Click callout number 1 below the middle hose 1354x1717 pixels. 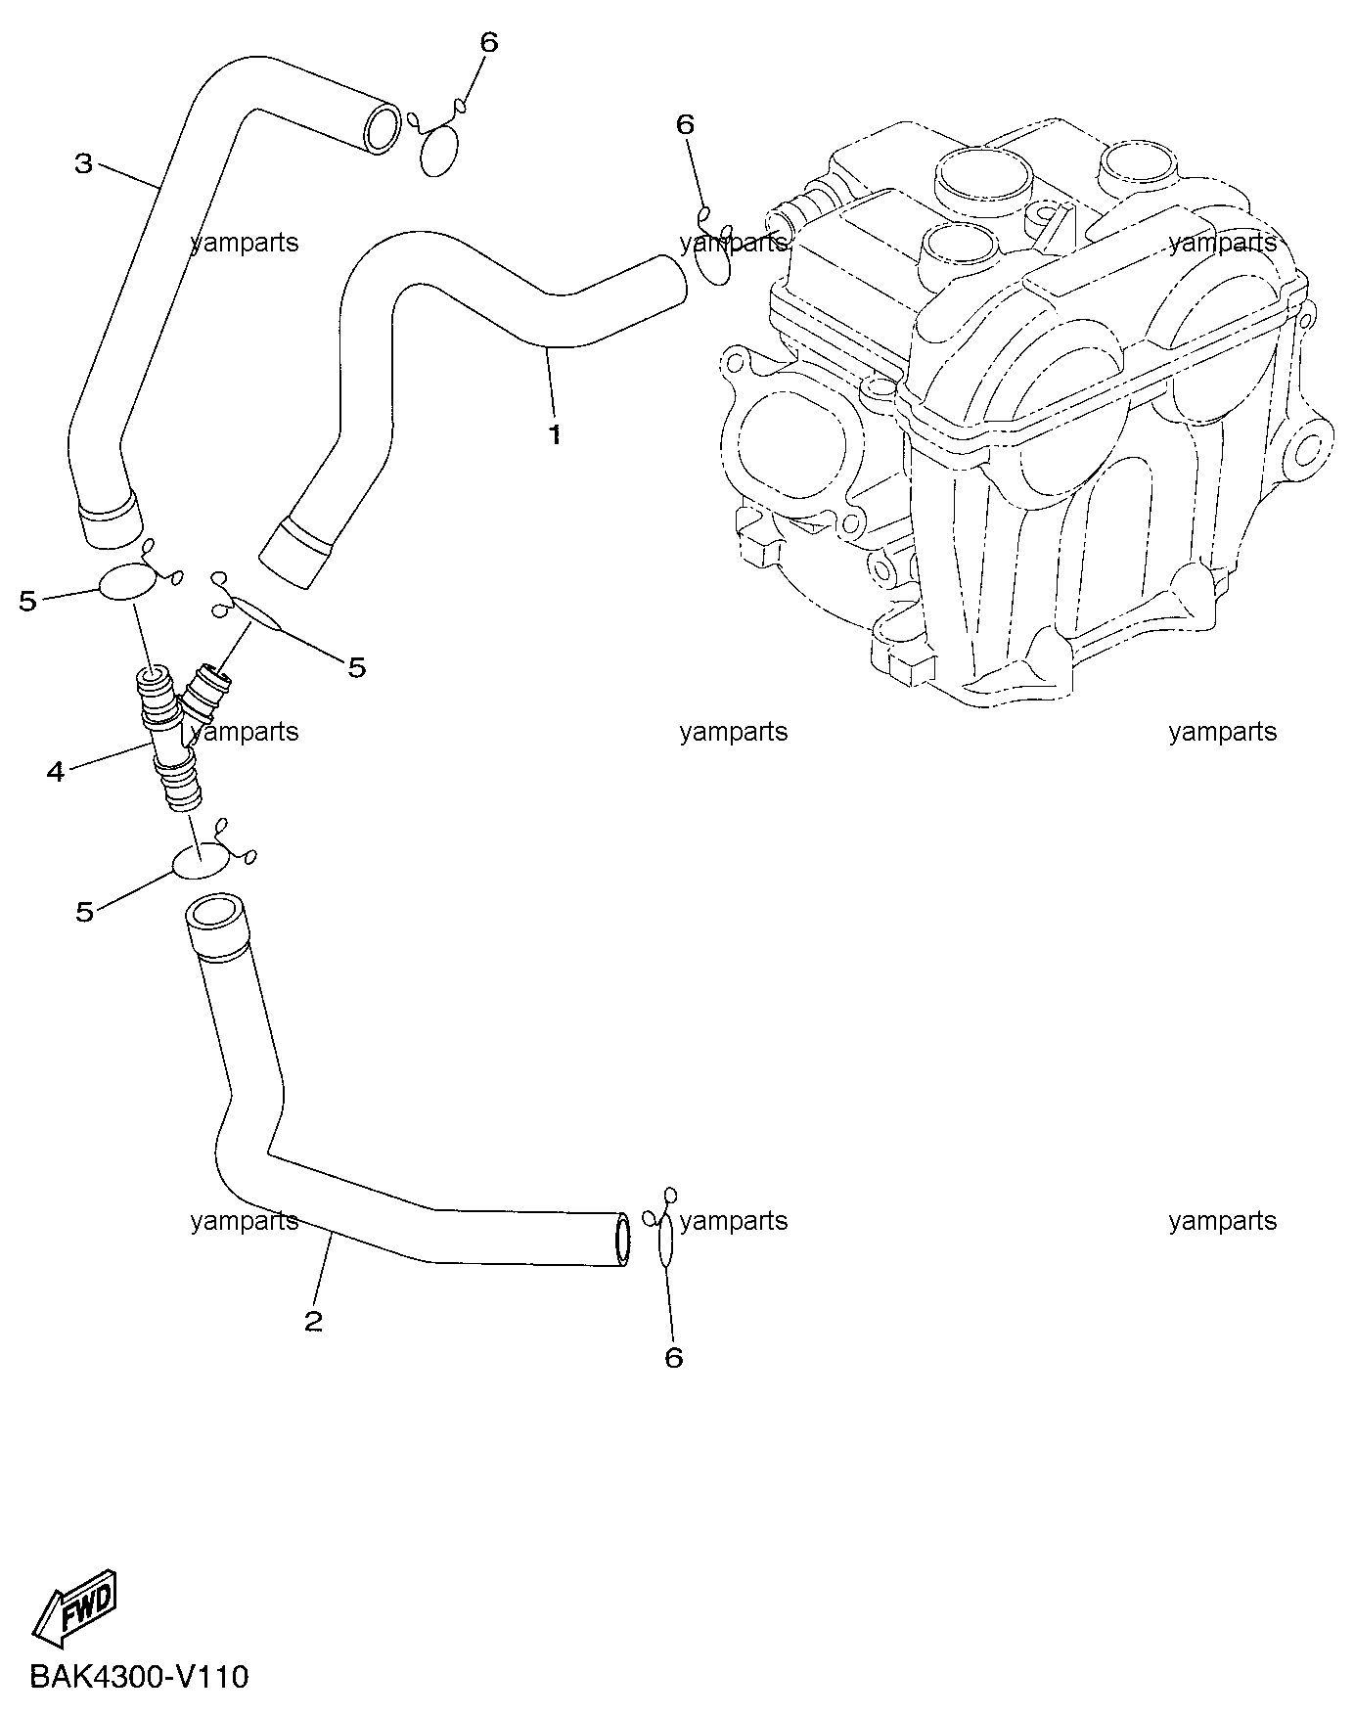(x=555, y=434)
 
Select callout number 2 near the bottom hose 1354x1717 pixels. (x=313, y=1322)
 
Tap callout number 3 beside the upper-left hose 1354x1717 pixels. (x=84, y=163)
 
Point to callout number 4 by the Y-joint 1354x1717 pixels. (x=56, y=772)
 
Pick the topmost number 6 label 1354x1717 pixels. (x=489, y=42)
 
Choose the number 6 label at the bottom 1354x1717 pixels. (x=673, y=1357)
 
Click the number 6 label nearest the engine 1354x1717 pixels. (x=685, y=124)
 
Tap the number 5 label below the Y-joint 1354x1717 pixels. (x=85, y=912)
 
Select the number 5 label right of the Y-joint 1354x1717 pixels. (x=357, y=667)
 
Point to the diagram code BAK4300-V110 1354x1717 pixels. (x=139, y=1677)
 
